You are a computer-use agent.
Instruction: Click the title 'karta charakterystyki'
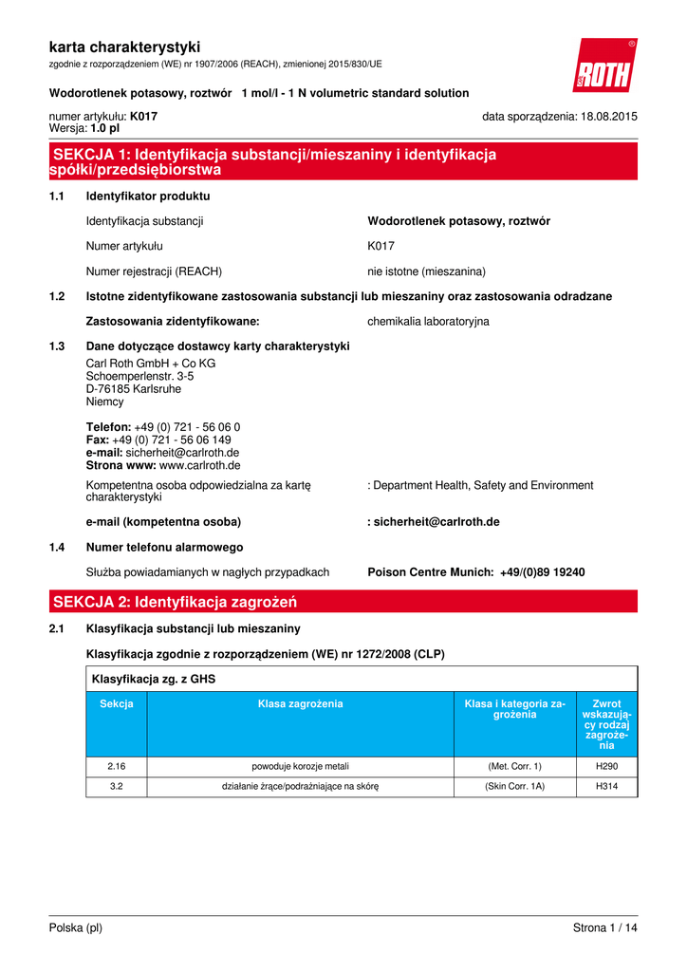click(124, 47)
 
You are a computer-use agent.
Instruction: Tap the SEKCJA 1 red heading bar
click(343, 162)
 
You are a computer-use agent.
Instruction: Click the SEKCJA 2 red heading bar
click(343, 602)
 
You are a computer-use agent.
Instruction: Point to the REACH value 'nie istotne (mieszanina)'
click(426, 271)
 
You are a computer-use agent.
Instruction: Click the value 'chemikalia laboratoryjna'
click(428, 322)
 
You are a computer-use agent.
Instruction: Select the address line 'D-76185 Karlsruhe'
click(133, 389)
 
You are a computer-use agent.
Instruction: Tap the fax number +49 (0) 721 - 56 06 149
click(171, 440)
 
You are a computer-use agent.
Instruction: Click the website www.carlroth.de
click(199, 466)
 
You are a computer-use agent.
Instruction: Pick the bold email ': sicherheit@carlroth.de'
click(434, 522)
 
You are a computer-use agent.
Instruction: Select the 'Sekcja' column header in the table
click(117, 704)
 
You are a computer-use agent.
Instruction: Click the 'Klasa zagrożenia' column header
click(301, 704)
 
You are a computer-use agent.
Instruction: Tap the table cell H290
click(606, 766)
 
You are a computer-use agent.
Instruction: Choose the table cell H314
click(606, 787)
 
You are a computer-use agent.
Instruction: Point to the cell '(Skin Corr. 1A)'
click(515, 787)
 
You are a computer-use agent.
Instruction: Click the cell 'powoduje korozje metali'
click(301, 766)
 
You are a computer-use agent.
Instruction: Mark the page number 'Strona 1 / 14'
click(604, 928)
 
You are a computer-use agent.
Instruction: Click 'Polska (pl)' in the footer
click(76, 928)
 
